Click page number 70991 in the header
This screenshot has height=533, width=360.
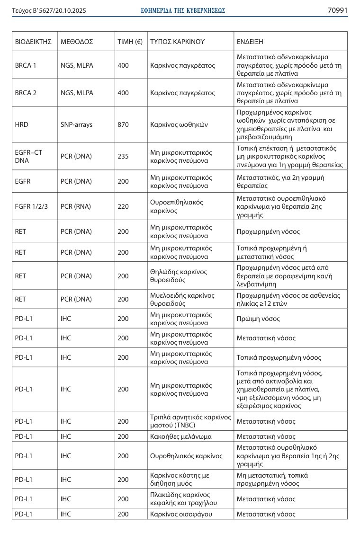click(x=337, y=10)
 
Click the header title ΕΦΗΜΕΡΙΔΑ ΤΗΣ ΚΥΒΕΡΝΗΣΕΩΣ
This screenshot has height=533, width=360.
click(x=183, y=10)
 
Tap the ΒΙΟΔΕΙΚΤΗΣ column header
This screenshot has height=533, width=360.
click(x=33, y=42)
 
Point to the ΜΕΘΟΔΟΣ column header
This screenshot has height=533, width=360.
click(x=77, y=42)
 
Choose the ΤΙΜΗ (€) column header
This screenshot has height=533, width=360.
click(x=130, y=42)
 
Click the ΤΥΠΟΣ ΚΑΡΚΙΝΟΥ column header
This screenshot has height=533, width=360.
click(x=177, y=42)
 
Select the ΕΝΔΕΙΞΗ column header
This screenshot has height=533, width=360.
click(x=250, y=42)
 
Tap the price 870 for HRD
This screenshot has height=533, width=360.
click(x=123, y=125)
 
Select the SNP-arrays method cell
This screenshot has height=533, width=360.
click(x=77, y=125)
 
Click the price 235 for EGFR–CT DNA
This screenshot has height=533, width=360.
click(x=123, y=157)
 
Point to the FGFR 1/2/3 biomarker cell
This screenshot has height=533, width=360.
click(x=30, y=206)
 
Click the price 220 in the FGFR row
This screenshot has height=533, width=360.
click(x=123, y=206)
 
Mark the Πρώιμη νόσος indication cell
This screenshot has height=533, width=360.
click(x=258, y=319)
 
